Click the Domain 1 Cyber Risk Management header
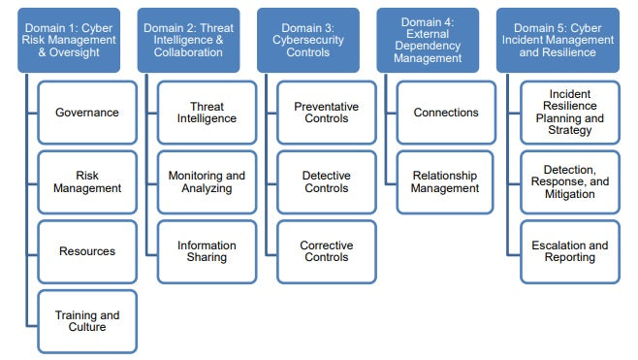70,40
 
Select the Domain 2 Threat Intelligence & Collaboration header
190,40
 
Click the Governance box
87,113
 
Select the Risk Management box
87,181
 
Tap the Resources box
87,251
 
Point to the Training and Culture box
87,320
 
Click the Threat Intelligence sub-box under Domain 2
207,113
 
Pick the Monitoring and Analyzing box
207,181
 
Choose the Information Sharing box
207,251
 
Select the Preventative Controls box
327,113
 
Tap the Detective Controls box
327,181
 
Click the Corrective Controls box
327,251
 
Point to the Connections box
446,113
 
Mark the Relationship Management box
446,181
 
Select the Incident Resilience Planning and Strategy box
570,113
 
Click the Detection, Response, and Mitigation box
570,181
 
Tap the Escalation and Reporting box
570,251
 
